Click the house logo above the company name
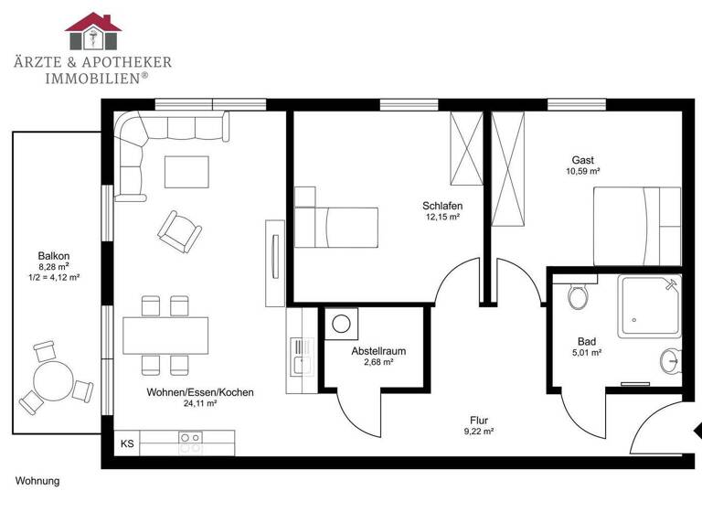click(92, 32)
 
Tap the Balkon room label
click(54, 256)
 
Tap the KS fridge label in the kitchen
click(128, 444)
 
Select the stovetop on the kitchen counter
click(190, 443)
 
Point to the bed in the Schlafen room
click(335, 226)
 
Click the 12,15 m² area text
click(441, 218)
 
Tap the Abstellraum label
click(378, 351)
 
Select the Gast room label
click(582, 159)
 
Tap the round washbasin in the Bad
click(672, 360)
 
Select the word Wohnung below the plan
click(37, 480)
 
